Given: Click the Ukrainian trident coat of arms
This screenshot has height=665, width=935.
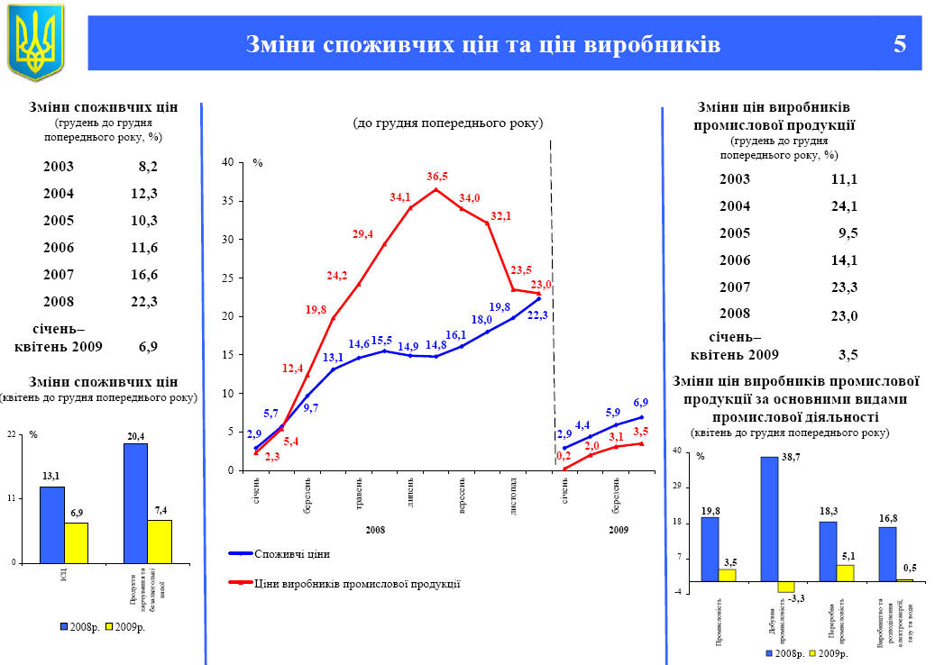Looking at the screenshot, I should click(x=35, y=42).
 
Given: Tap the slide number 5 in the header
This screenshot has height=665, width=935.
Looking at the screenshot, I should click(x=899, y=44).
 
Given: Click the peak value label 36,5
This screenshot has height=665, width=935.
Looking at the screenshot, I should click(x=437, y=177).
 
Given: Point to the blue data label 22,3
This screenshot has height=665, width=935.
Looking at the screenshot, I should click(x=537, y=314).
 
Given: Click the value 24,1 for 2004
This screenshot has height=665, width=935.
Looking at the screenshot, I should click(x=844, y=205).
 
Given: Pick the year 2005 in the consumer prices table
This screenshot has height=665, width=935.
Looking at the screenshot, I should click(x=59, y=221).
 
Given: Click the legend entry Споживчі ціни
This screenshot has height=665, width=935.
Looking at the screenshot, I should click(x=292, y=552).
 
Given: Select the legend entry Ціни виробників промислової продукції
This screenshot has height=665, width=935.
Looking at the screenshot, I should click(x=357, y=584).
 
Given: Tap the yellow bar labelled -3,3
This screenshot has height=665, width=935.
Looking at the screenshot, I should click(x=785, y=587).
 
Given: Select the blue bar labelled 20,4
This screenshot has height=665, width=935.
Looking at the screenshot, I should click(x=135, y=503).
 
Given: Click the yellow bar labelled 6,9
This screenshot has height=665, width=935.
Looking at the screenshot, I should click(x=76, y=542).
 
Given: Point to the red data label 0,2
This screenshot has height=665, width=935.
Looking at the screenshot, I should click(x=564, y=456).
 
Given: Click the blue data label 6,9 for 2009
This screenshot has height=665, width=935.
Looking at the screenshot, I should click(x=640, y=403).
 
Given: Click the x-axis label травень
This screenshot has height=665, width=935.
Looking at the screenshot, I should click(x=359, y=492).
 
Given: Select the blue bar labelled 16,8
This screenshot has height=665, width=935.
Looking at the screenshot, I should click(x=887, y=553).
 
